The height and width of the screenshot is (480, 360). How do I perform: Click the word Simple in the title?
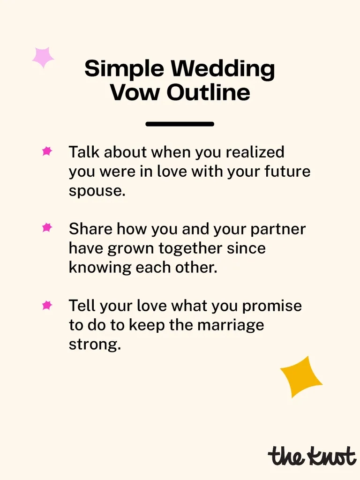(x=123, y=69)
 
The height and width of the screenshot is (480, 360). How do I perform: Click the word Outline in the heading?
(x=208, y=92)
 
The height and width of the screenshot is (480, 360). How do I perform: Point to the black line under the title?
(x=180, y=124)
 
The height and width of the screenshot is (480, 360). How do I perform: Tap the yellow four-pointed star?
(x=300, y=376)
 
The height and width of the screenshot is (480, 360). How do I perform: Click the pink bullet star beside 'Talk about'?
(x=47, y=151)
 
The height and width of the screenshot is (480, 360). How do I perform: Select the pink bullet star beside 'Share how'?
(x=47, y=228)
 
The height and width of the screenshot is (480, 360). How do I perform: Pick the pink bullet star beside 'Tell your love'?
(x=47, y=306)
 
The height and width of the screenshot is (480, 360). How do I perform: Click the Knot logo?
(x=311, y=455)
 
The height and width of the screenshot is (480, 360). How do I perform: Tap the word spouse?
(x=97, y=191)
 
